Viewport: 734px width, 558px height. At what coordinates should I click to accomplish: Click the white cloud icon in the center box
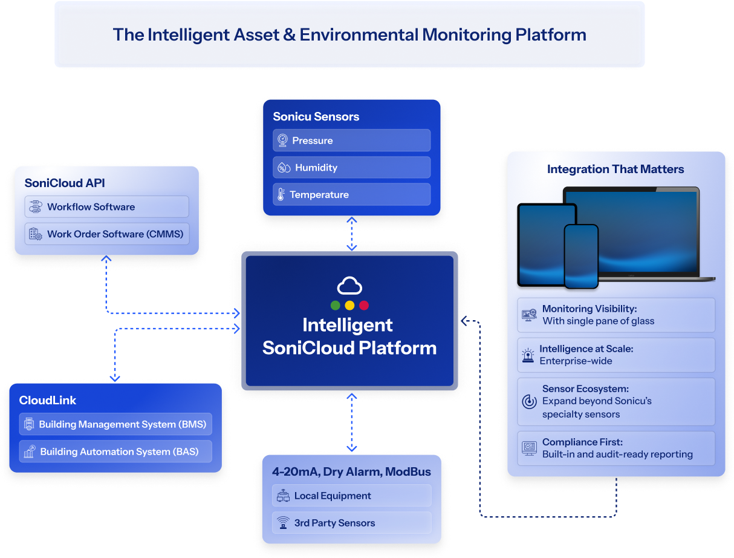pos(349,286)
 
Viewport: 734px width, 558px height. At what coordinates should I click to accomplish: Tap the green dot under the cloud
pos(335,305)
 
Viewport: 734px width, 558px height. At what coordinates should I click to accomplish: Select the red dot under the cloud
pos(363,305)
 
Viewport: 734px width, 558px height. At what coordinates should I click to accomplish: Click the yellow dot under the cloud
pos(349,305)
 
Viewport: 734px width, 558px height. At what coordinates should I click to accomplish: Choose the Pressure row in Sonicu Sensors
pos(351,140)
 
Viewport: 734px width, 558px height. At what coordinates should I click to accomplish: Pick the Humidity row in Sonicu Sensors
pos(351,168)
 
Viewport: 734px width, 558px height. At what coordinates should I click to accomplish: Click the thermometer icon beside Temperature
pos(281,195)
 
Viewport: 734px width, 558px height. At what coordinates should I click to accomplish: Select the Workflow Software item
pos(106,207)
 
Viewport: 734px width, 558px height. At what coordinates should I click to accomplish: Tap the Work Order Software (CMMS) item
pos(106,234)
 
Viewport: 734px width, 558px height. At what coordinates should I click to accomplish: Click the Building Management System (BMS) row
pos(115,424)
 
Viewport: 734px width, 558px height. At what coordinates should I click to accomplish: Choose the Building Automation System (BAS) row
pos(115,451)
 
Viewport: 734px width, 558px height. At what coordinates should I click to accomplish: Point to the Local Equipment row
pos(352,496)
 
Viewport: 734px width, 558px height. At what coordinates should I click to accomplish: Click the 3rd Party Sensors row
pos(352,523)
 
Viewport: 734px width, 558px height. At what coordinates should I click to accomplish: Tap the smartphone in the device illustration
pos(580,256)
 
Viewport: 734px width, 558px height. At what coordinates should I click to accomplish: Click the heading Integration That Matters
pos(615,169)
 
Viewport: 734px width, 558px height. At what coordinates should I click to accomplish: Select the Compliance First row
pos(615,448)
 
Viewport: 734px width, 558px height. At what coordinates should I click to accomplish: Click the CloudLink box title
pos(48,401)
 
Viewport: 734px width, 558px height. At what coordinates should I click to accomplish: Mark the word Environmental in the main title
pos(359,34)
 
